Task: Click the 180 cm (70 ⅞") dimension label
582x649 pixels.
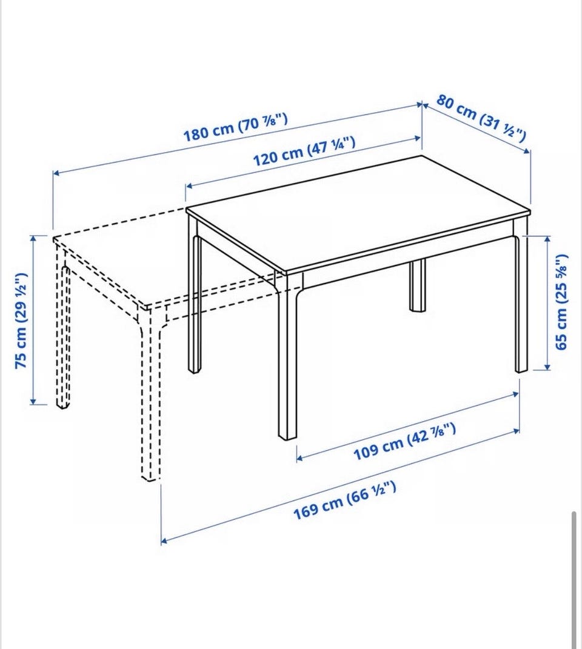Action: coord(235,127)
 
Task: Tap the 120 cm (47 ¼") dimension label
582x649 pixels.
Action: coord(304,151)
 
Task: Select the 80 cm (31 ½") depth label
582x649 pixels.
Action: coord(481,118)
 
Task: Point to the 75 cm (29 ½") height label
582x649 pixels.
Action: coord(21,321)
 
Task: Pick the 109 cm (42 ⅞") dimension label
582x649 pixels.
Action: coord(404,441)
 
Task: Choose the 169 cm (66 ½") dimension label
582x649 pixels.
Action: coord(344,500)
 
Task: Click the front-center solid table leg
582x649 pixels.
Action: coord(287,356)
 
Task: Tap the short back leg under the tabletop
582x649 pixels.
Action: coord(418,285)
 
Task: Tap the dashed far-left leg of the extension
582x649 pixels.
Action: coord(62,331)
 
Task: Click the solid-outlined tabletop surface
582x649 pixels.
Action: coord(358,213)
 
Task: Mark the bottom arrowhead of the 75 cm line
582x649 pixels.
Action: coord(33,401)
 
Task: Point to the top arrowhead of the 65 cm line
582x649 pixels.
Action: coord(547,239)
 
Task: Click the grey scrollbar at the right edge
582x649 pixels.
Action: coord(574,579)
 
